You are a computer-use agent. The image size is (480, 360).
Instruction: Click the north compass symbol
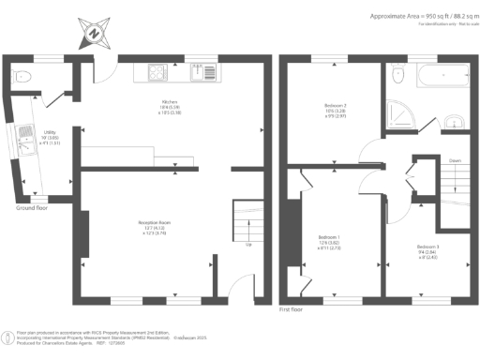pos(94,32)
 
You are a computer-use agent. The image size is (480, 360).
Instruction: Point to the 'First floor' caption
pos(292,307)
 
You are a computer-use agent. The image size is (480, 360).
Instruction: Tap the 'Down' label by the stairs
pos(454,161)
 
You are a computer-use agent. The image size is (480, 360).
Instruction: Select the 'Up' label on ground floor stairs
pos(247,246)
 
